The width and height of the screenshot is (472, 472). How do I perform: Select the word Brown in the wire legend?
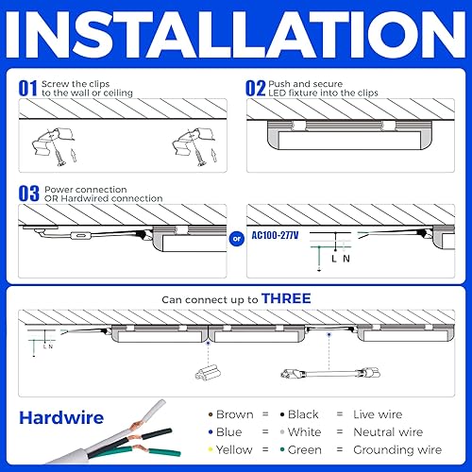click(x=234, y=413)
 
